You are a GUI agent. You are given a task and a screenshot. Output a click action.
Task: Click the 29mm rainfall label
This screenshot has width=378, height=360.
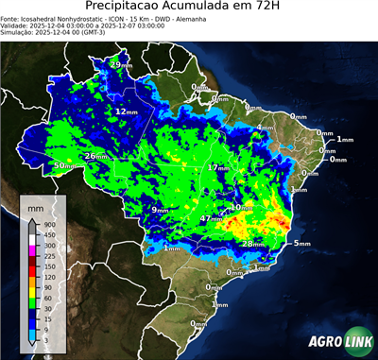121,63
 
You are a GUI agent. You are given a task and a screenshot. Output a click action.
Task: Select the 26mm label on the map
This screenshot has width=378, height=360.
95,156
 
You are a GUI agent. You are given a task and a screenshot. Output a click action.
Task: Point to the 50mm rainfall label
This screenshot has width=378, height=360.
62,166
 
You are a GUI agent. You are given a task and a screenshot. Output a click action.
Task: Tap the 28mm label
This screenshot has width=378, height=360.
252,244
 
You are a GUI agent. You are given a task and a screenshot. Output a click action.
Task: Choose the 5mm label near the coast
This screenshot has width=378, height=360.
301,244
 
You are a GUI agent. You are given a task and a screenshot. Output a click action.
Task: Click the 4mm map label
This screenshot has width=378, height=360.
265,128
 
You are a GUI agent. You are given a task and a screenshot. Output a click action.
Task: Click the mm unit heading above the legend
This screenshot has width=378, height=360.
35,205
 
